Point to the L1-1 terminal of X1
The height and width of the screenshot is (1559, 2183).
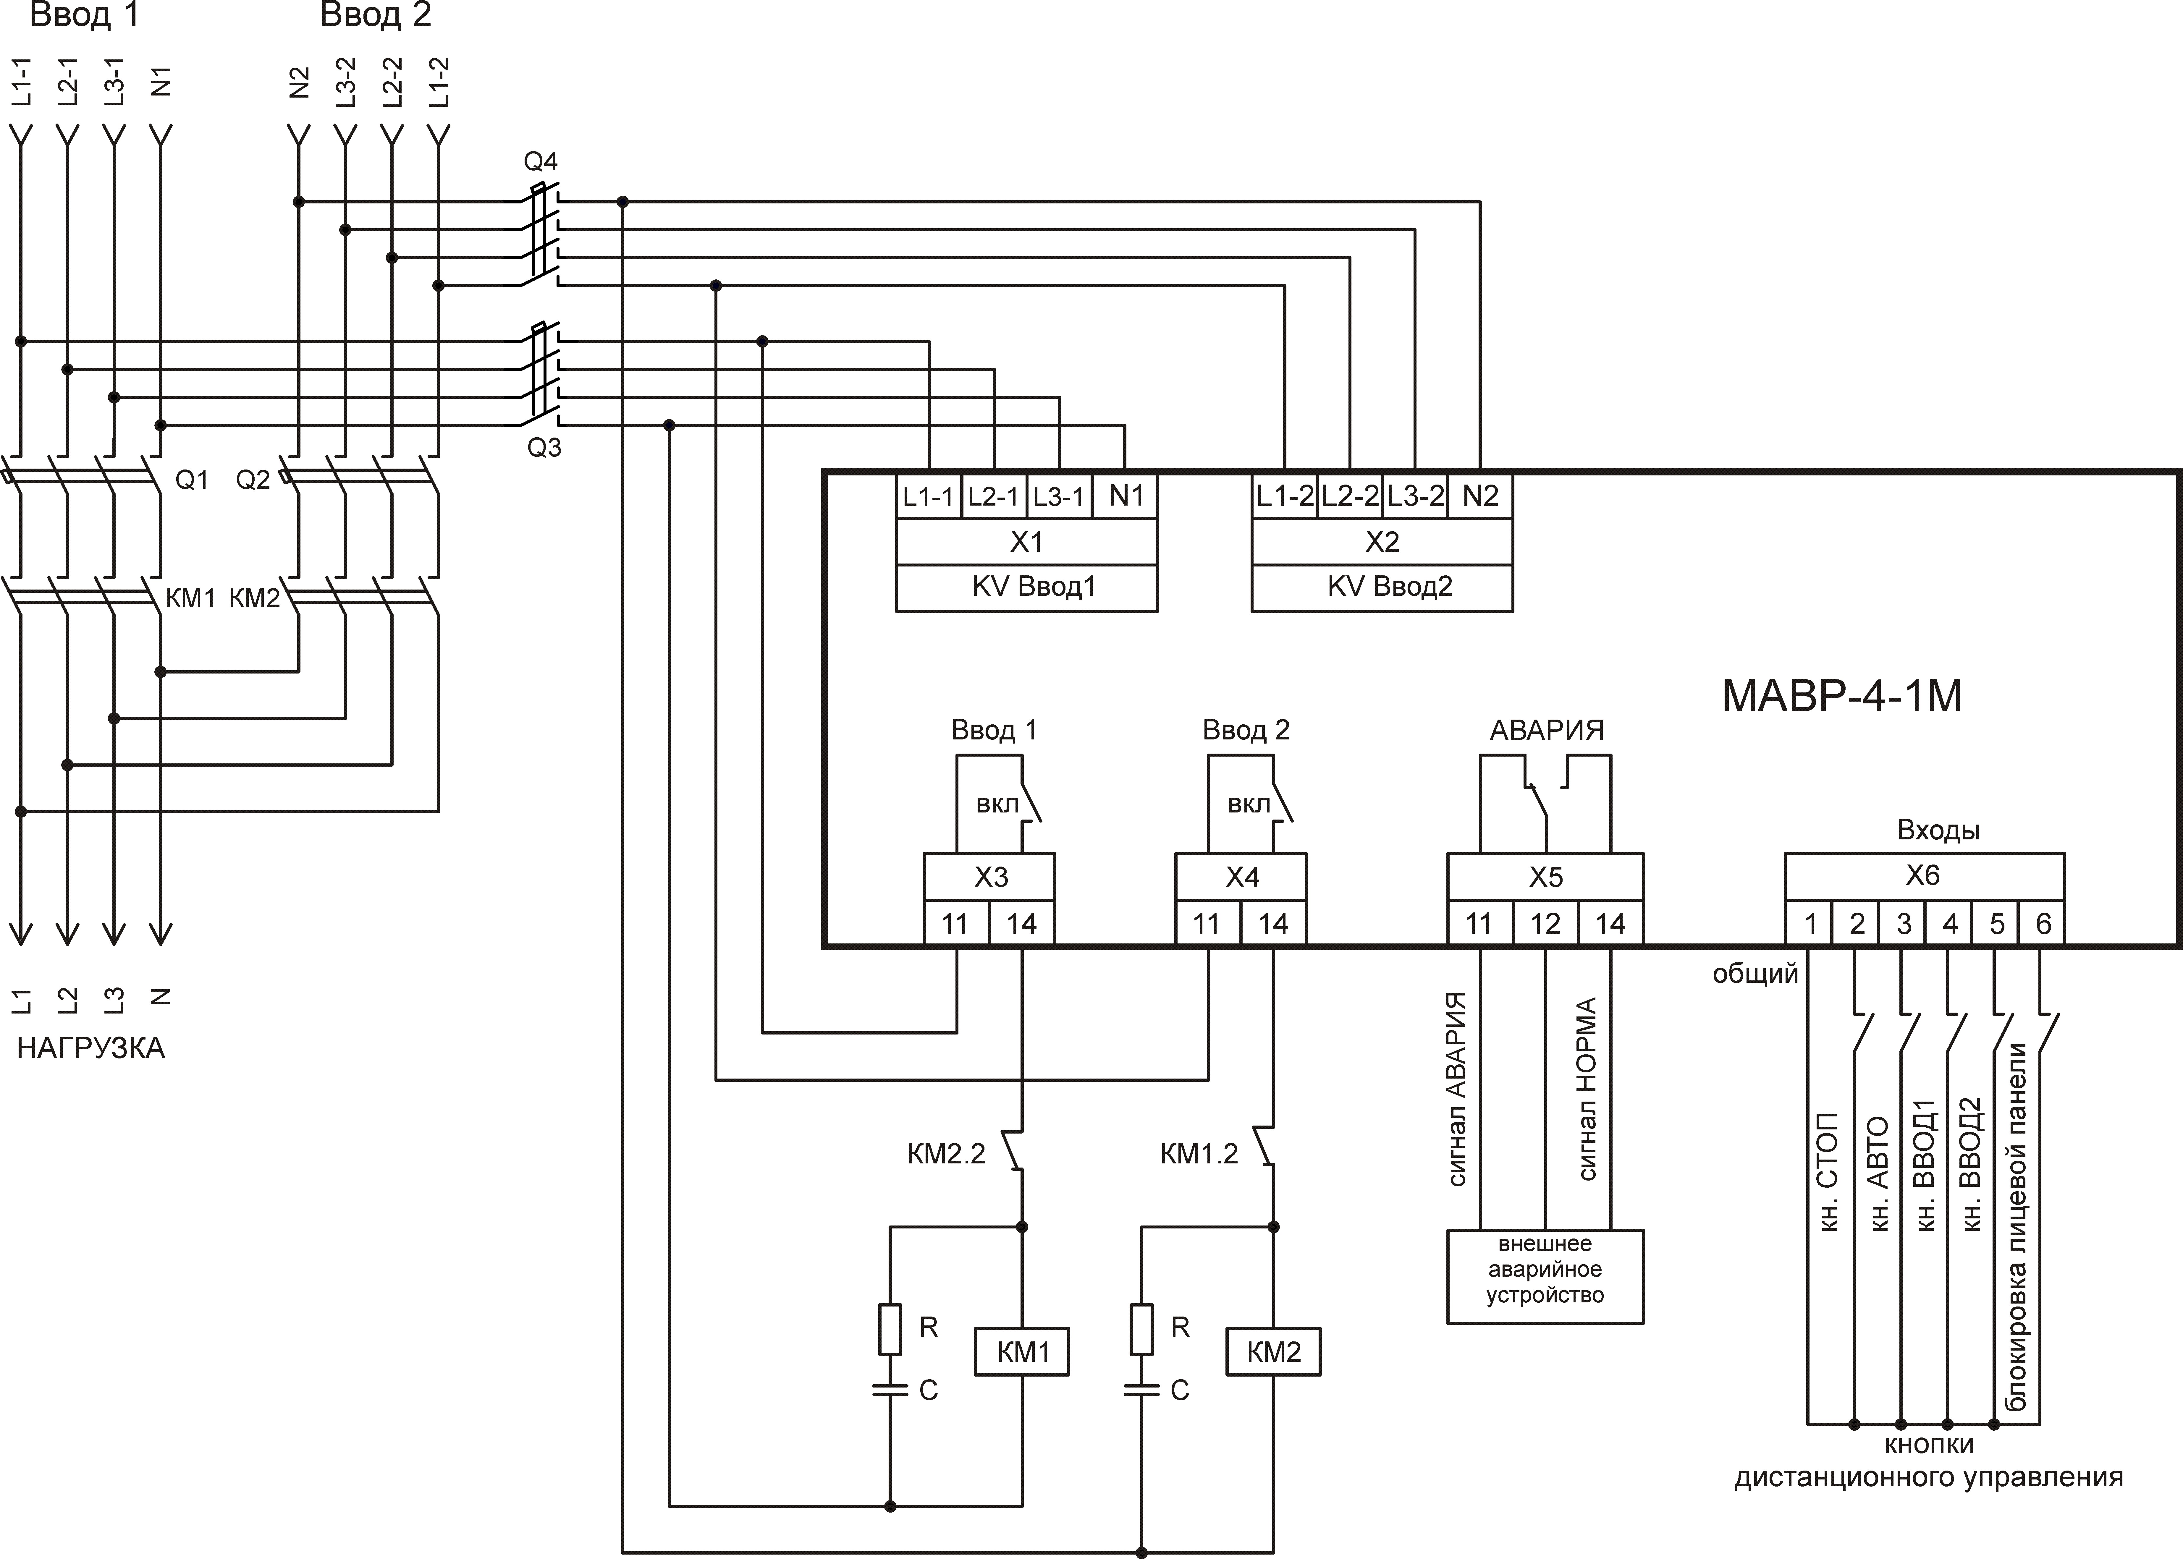pos(928,496)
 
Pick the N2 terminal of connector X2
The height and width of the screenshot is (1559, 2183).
pos(1480,496)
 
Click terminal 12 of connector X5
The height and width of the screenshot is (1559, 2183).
pos(1545,924)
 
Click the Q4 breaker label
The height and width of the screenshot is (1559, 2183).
pos(541,161)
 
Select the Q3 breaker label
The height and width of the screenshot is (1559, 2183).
pos(544,447)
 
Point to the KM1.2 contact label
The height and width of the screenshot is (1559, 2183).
pos(1199,1154)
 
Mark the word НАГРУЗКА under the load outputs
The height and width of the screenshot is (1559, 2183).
pos(91,1048)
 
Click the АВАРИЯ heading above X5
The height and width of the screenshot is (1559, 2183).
pos(1547,731)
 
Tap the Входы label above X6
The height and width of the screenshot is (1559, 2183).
pos(1938,831)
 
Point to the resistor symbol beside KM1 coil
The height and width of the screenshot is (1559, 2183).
pos(890,1329)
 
